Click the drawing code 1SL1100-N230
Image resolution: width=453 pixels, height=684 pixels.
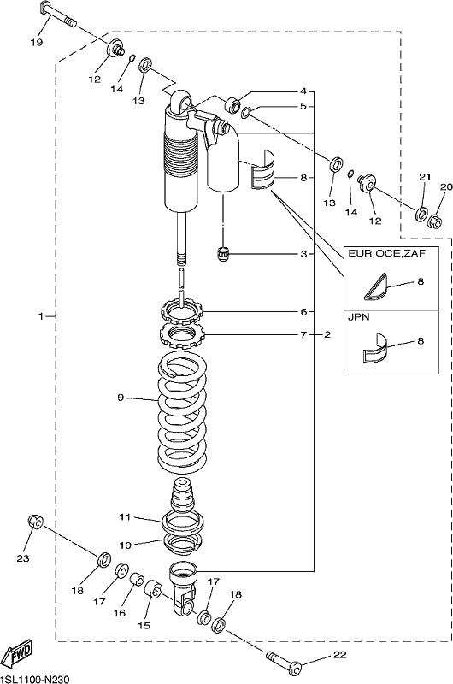tap(34, 680)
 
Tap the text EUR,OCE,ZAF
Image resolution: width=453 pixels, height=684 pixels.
tap(385, 253)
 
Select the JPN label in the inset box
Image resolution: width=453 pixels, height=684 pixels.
tap(358, 317)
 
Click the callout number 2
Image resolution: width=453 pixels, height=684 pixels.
tap(327, 334)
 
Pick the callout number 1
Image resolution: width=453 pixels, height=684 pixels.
tap(40, 315)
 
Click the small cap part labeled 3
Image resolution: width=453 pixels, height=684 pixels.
tap(223, 253)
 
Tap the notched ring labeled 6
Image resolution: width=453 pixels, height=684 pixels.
tap(180, 311)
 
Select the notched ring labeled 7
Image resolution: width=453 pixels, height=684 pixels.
tap(180, 334)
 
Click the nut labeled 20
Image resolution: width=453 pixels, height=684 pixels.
tap(435, 221)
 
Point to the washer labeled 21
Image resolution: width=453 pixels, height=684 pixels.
tap(421, 215)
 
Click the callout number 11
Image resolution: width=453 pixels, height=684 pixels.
tap(125, 517)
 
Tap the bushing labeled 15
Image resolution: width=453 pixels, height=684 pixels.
tap(153, 590)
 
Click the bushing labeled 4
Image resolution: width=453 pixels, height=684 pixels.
tap(232, 105)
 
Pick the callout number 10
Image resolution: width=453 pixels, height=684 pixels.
tap(125, 545)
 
